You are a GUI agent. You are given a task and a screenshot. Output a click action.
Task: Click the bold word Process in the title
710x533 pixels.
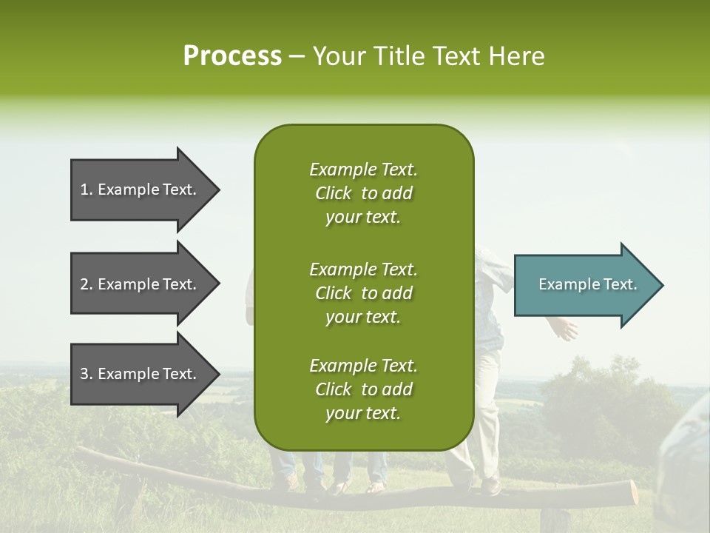[232, 56]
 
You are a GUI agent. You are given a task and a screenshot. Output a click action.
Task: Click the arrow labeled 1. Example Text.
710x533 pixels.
[141, 190]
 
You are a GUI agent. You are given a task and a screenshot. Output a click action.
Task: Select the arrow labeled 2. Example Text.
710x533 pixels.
[141, 284]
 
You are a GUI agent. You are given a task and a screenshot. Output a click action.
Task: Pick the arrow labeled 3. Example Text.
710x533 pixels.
[141, 374]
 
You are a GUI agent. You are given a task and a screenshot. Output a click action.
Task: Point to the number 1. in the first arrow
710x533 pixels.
[87, 190]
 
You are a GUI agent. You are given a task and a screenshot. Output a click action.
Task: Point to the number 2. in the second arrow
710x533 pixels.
[87, 284]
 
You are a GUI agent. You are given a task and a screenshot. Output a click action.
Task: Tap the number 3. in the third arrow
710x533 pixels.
[87, 374]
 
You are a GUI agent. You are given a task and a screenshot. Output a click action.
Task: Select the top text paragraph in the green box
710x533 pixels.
[363, 193]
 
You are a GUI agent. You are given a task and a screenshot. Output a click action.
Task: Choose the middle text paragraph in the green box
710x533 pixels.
[363, 292]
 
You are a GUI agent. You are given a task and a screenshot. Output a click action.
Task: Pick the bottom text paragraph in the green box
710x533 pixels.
[363, 389]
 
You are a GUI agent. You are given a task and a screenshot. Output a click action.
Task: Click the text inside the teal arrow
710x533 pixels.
[587, 284]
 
